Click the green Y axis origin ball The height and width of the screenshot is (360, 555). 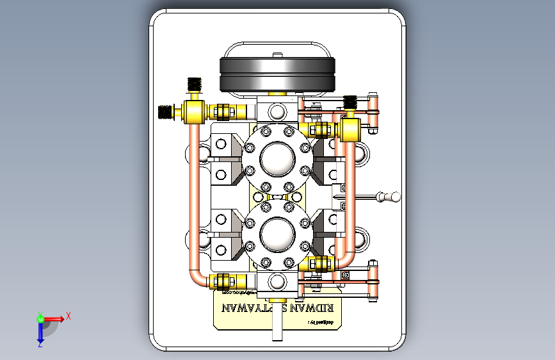pos(40,318)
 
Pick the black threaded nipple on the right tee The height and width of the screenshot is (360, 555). pos(350,102)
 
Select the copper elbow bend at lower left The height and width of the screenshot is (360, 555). pos(198,277)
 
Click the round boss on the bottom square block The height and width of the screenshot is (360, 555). pos(277,281)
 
